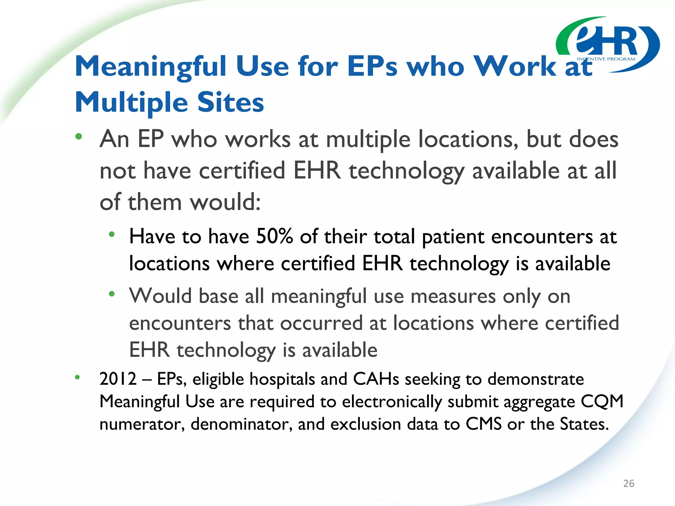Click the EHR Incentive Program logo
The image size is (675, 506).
[x=608, y=44]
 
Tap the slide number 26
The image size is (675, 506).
[x=629, y=483]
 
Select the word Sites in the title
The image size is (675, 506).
[x=230, y=102]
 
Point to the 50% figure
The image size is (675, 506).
[x=274, y=237]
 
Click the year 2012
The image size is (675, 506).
[x=118, y=379]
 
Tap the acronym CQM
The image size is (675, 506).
[x=602, y=402]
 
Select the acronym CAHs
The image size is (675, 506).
[x=376, y=379]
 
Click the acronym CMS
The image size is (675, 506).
[x=484, y=424]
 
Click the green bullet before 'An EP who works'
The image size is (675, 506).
[x=78, y=136]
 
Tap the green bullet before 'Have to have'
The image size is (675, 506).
[x=112, y=235]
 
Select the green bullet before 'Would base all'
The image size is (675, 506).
[x=112, y=294]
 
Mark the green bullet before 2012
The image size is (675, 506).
[x=77, y=378]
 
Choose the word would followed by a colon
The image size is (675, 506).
[x=225, y=202]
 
